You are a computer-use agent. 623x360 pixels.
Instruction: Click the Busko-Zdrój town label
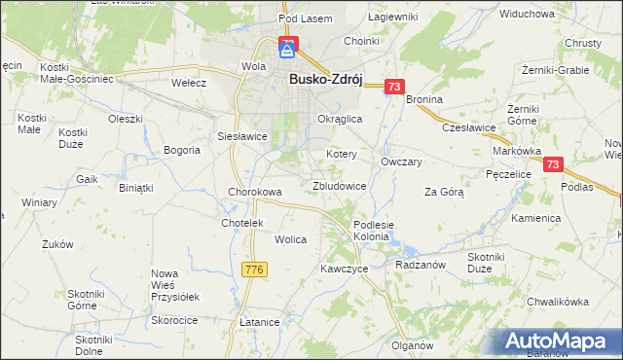click(x=325, y=82)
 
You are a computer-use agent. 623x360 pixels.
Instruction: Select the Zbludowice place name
click(x=339, y=185)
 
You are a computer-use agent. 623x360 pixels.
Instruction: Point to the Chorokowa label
click(x=254, y=192)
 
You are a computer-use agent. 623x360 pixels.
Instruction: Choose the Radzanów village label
click(x=421, y=264)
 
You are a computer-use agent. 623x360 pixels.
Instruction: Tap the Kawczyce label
click(x=344, y=268)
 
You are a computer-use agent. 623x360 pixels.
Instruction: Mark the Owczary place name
click(x=401, y=162)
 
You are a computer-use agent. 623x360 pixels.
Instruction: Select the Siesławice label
click(x=242, y=136)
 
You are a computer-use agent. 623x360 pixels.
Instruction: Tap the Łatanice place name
click(x=260, y=321)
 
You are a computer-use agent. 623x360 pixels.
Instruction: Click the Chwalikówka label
click(x=558, y=302)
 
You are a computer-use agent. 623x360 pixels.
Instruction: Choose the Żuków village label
click(x=57, y=245)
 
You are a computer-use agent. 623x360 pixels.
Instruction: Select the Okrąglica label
click(x=340, y=118)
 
